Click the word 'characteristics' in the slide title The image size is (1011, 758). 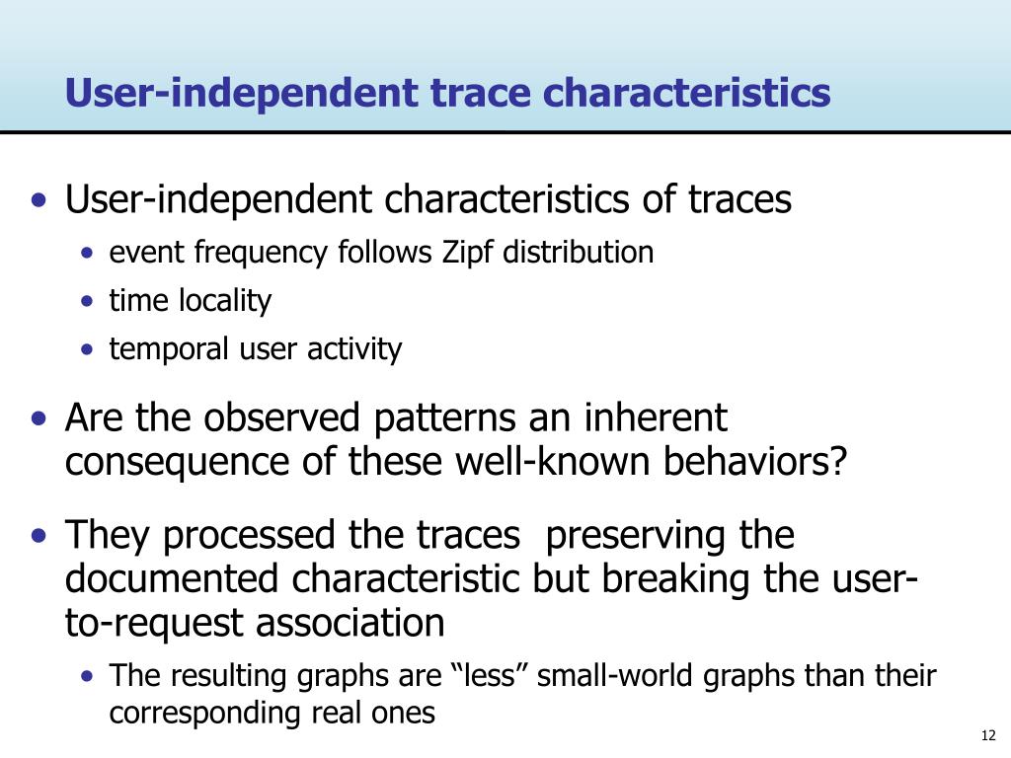(687, 92)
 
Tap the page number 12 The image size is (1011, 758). (987, 735)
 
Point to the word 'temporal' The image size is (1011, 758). (169, 349)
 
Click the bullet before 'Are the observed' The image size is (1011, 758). (39, 418)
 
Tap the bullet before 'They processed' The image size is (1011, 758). (39, 535)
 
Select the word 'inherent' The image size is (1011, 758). (656, 417)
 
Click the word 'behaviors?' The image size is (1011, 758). (754, 461)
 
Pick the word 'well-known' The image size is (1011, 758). (552, 461)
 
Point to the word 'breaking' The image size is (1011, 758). (675, 578)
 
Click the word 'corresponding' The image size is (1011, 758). (202, 714)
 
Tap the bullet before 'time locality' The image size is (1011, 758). (88, 301)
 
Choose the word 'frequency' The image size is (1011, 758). (261, 253)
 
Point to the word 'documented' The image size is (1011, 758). (172, 578)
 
